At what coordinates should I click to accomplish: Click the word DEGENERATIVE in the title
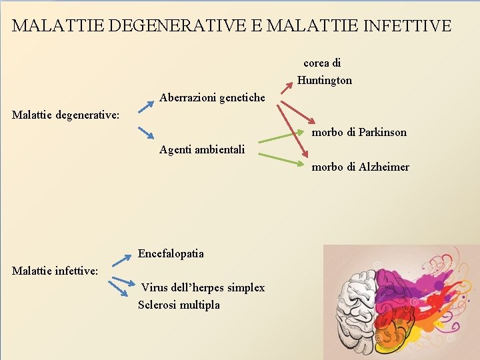coord(184,26)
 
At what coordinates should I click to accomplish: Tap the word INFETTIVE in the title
coord(409,26)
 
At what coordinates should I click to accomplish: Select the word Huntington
coord(325,81)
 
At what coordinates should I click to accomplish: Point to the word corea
coord(316,63)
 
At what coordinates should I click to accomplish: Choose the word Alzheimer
coord(384,167)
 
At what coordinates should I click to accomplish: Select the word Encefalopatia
coord(171,253)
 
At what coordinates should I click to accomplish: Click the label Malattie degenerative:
coord(66,115)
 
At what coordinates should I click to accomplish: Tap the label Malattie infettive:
coord(55,271)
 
